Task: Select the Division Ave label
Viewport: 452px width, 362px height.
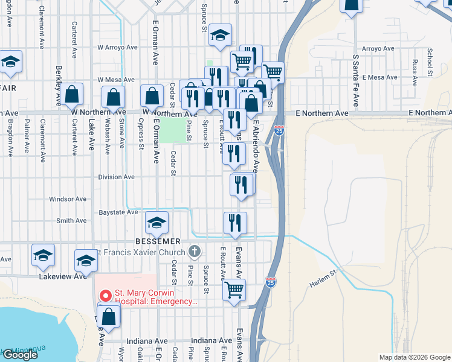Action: pos(116,177)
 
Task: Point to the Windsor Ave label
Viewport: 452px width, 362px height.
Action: pos(68,199)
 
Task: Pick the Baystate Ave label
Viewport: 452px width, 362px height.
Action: pos(118,212)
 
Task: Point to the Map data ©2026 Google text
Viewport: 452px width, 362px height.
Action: pos(415,357)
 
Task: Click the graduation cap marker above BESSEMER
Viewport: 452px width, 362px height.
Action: pos(157,223)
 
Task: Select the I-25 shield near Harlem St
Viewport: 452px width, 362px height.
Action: pos(270,282)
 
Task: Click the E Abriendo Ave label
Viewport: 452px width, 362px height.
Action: pos(256,144)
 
